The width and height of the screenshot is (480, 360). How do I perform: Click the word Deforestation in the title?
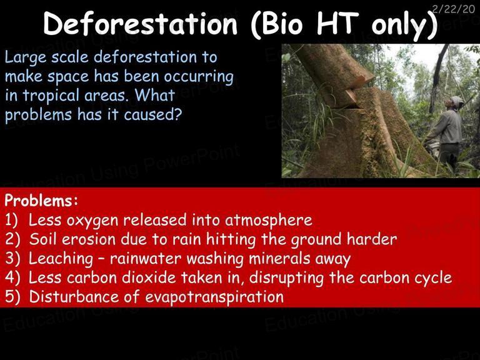click(x=140, y=24)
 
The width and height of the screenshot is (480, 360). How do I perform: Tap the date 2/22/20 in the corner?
click(x=453, y=9)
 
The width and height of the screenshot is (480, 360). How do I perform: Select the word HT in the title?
click(x=337, y=23)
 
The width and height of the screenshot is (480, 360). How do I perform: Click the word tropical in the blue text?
click(x=51, y=96)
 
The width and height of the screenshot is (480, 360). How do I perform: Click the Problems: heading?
click(x=41, y=201)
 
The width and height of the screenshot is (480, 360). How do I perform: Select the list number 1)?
click(x=12, y=220)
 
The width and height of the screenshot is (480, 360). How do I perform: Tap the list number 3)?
click(x=12, y=258)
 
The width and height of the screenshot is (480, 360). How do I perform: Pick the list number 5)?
click(x=12, y=297)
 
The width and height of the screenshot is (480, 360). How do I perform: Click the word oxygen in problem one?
click(x=92, y=221)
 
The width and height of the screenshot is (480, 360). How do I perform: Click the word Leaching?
click(x=61, y=259)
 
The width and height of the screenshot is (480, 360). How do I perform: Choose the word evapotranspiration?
click(x=214, y=297)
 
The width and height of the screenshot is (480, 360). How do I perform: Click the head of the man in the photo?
click(x=456, y=102)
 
